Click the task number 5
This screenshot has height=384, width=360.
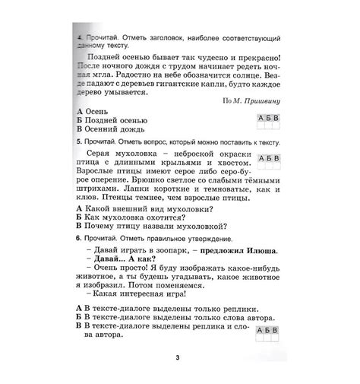tap(80, 142)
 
